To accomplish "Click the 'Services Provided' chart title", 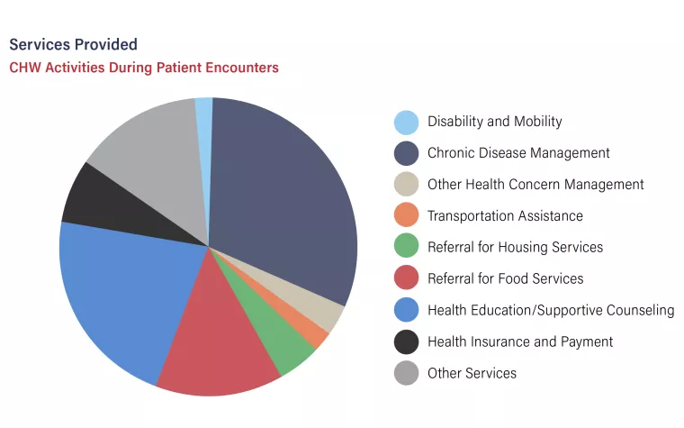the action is tap(73, 44).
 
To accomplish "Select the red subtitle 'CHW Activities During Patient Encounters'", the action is tap(144, 68).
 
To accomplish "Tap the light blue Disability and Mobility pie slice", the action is tap(204, 131).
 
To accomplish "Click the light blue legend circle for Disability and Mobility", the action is tap(407, 123).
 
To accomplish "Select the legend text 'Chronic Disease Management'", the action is tap(518, 153).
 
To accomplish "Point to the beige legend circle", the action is tap(407, 184).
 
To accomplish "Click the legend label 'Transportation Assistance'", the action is tap(505, 215).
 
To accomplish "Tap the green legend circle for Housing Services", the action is tap(407, 246).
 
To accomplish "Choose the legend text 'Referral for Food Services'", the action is tap(506, 278).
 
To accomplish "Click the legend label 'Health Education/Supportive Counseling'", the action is tap(551, 310).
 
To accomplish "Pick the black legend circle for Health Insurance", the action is tap(407, 342).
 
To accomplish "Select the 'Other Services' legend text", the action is tap(472, 373).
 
